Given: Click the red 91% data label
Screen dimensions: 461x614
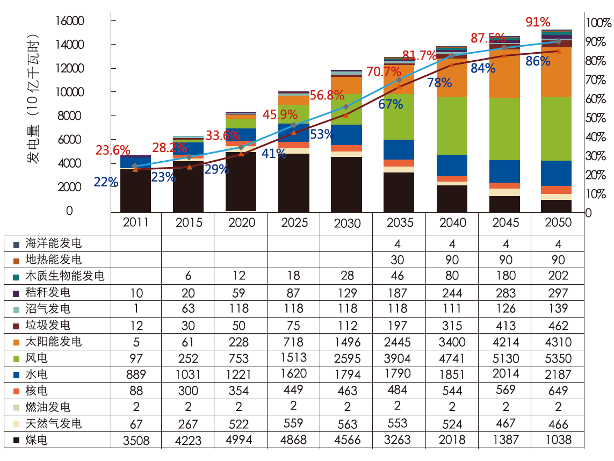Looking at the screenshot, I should pos(538,23).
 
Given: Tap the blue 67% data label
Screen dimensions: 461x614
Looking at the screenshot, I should pos(391,104).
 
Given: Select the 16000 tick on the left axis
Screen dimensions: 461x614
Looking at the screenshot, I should pos(70,21).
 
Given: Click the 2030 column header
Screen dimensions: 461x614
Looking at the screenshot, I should pos(347,223).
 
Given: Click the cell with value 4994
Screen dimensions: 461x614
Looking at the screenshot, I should pos(239,440).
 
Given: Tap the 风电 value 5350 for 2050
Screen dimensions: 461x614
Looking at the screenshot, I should pos(558,358).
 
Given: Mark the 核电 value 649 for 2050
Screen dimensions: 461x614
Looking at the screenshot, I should pos(558,391).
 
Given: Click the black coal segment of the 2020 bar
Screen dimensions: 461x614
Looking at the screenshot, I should pos(241,182).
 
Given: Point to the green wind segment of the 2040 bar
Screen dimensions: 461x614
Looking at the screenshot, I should pos(451,126).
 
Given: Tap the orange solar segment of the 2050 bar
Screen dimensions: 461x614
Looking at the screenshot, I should pos(557,72).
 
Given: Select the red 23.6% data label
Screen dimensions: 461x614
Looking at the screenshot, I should pos(113,150).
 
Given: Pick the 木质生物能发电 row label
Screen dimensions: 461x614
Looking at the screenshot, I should pos(64,276).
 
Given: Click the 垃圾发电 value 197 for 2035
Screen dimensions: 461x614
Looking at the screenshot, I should pos(398,325).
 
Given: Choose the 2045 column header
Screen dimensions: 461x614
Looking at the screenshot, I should pos(505,223).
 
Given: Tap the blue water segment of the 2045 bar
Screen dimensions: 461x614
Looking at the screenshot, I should pos(504,171).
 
